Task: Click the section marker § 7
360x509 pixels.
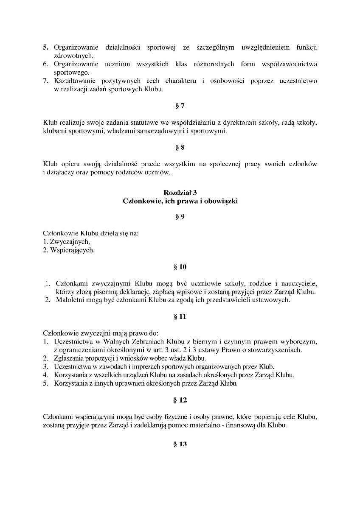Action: (x=180, y=106)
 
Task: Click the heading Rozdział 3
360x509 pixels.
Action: (x=180, y=193)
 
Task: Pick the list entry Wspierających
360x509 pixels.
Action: (x=70, y=250)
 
